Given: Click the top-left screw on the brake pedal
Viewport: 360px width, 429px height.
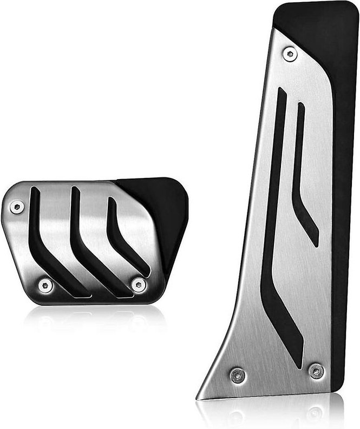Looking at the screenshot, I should click(17, 206).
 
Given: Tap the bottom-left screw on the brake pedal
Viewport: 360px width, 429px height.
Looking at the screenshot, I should click(45, 285).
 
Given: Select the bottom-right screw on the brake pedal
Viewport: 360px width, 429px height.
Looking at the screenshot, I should click(139, 284).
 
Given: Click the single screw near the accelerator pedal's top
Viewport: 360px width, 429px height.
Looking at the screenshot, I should click(291, 53).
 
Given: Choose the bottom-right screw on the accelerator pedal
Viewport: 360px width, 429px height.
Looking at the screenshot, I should click(316, 371).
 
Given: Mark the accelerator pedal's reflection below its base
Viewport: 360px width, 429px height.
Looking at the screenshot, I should click(271, 414).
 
